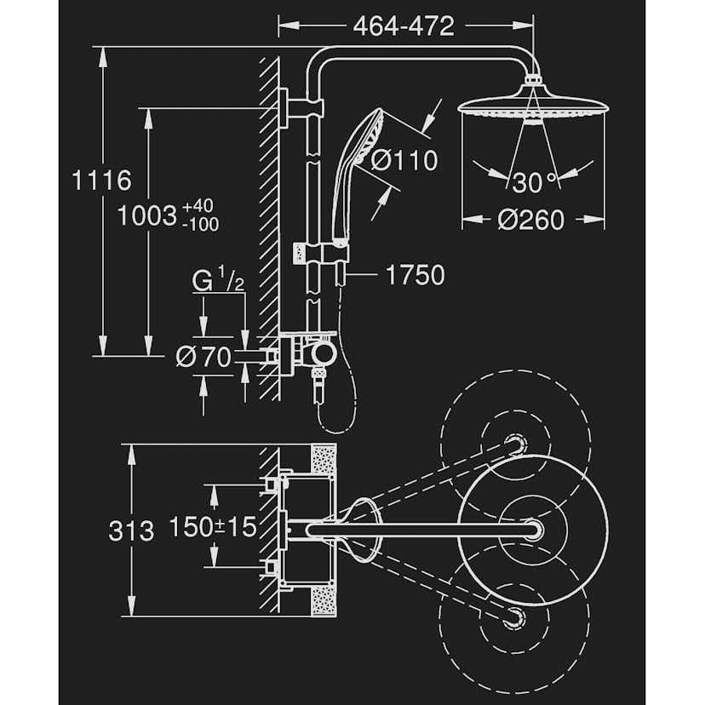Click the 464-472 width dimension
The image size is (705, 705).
[404, 26]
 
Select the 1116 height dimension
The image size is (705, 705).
[101, 181]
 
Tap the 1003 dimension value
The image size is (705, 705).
[147, 215]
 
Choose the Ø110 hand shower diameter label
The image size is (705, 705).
[404, 160]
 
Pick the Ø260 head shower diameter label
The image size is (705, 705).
[530, 220]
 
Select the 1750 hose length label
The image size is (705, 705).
[415, 275]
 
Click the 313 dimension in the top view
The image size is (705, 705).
[132, 530]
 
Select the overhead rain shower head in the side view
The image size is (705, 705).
[532, 106]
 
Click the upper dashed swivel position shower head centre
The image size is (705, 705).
[513, 444]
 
